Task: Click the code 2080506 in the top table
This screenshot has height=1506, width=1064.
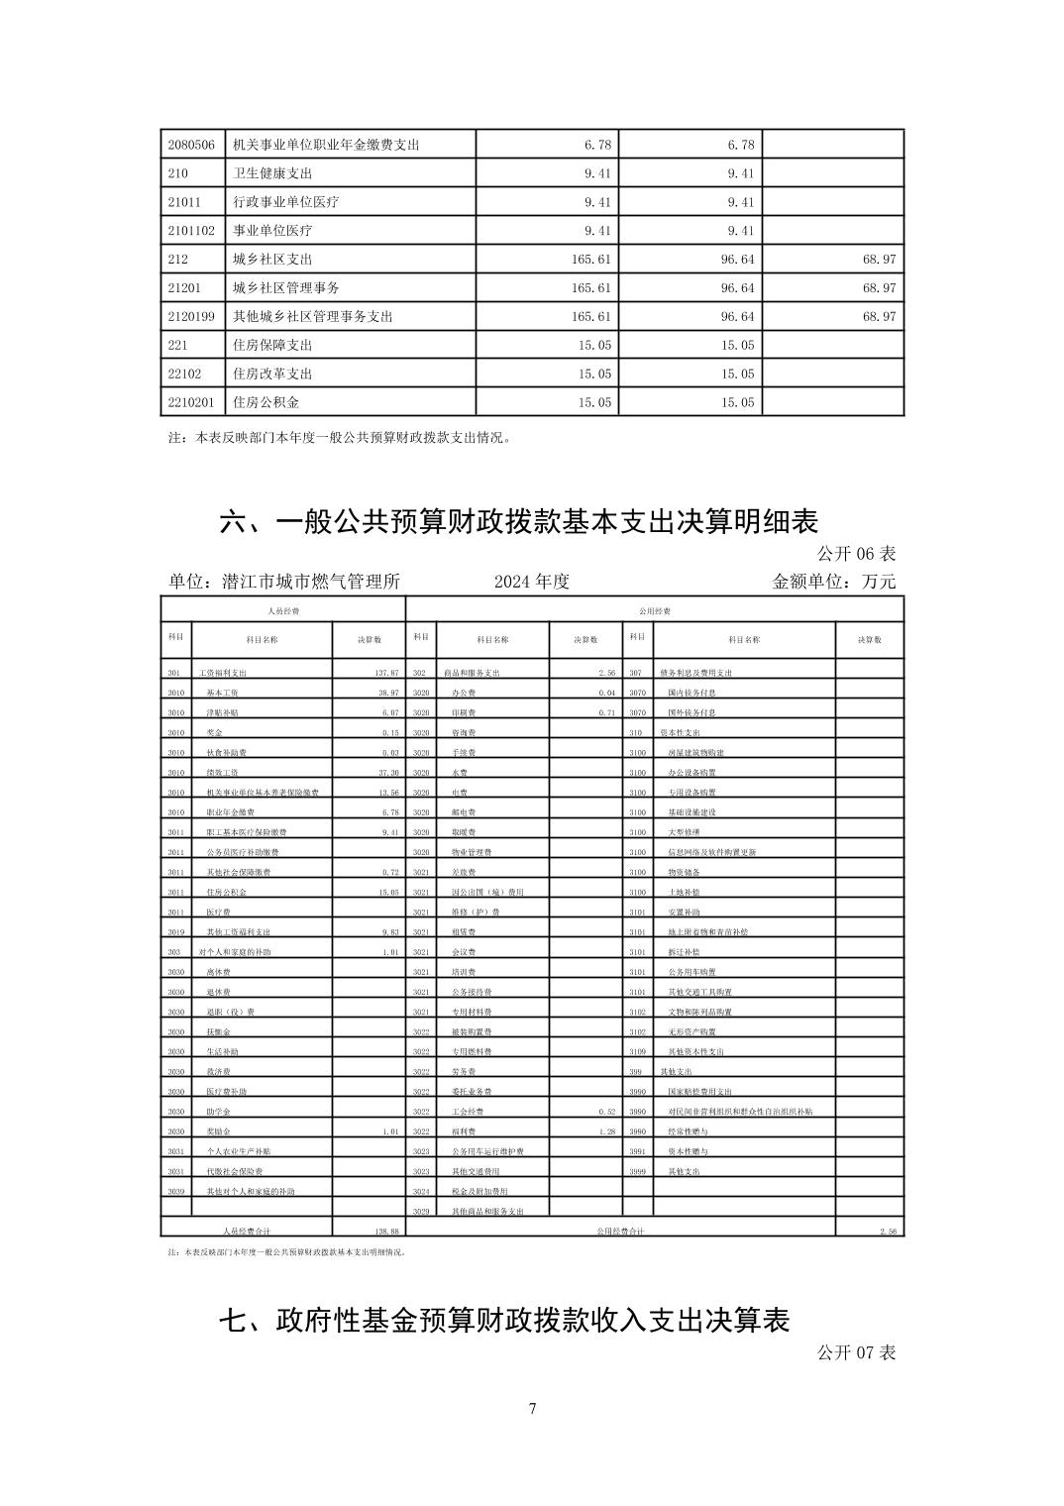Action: [191, 145]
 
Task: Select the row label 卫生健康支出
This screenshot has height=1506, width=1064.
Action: [272, 173]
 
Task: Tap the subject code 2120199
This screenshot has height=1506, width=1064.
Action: [191, 316]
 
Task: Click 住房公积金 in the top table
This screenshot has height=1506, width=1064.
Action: [266, 402]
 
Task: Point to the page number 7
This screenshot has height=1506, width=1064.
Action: [533, 1408]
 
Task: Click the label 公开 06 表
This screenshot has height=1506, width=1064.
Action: [856, 553]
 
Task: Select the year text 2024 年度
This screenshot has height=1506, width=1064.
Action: [532, 582]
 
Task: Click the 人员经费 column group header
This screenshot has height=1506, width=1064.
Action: [283, 611]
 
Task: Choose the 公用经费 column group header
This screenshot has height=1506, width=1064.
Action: [655, 611]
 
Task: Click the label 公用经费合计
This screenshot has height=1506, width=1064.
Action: [621, 1231]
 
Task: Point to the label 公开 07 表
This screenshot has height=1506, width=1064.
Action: [856, 1352]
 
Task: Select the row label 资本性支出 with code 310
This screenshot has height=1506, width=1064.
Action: [680, 733]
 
